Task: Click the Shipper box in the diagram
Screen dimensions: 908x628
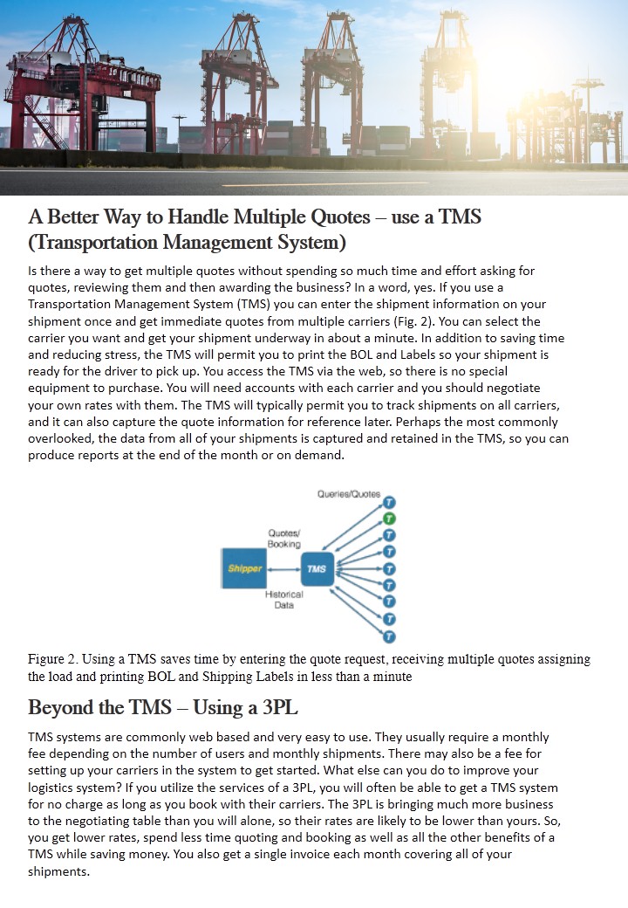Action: (245, 567)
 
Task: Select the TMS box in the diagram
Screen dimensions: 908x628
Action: (317, 567)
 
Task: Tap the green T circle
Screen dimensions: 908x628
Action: (390, 519)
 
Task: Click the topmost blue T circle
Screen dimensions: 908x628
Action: (390, 503)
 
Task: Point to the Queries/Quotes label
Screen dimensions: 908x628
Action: (349, 494)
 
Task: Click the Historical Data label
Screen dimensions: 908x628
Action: (283, 599)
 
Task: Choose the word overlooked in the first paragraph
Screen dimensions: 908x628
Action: (65, 438)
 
